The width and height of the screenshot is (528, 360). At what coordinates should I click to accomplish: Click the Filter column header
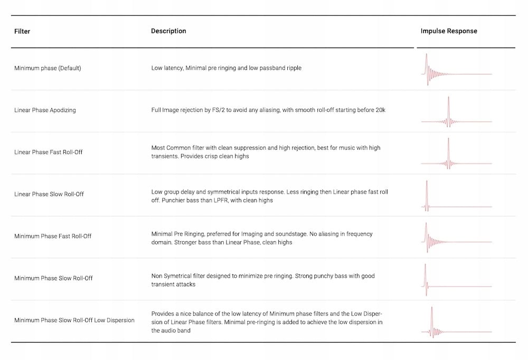[22, 31]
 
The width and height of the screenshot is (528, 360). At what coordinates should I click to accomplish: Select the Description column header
[168, 31]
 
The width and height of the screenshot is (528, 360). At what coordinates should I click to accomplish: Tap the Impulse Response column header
[449, 31]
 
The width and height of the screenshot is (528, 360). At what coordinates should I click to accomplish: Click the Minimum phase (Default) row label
[48, 68]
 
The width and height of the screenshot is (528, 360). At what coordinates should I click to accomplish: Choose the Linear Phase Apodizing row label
[45, 110]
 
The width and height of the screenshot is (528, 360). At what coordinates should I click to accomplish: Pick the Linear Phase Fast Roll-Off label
[49, 152]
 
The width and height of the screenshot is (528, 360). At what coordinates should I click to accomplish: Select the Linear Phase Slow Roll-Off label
[49, 194]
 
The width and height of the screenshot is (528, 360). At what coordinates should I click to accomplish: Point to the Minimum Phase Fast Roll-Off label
[53, 236]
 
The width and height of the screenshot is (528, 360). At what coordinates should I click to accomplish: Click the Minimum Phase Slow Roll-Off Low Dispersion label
[74, 320]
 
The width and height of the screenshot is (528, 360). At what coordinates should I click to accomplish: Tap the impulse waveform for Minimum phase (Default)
[456, 70]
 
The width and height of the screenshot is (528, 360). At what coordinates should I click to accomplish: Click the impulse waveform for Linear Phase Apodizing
[456, 112]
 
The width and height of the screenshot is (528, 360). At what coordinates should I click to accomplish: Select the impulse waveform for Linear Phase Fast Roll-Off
[456, 154]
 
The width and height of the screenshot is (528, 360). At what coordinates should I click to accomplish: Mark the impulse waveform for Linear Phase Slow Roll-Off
[456, 196]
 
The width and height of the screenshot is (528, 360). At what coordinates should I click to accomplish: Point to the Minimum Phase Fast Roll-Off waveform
[456, 238]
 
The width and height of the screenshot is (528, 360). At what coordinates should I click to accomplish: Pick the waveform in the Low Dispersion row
[456, 322]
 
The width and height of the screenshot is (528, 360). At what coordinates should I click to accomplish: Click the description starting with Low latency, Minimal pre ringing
[226, 68]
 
